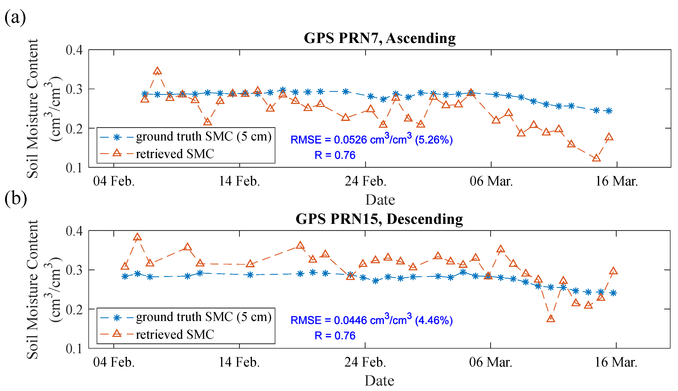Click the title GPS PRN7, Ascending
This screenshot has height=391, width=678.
click(x=379, y=38)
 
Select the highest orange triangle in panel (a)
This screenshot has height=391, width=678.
click(x=157, y=71)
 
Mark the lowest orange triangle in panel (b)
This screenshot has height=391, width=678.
click(x=551, y=319)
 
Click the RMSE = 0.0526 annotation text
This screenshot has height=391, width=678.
click(x=371, y=140)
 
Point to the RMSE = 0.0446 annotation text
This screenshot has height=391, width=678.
click(x=371, y=320)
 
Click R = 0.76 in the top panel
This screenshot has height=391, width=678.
click(x=335, y=155)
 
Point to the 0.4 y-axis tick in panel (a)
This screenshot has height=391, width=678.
click(x=74, y=50)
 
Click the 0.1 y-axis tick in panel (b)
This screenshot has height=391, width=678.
click(x=74, y=349)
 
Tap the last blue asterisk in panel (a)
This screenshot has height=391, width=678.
click(x=609, y=111)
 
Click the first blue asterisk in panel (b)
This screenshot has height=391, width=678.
click(x=125, y=277)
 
